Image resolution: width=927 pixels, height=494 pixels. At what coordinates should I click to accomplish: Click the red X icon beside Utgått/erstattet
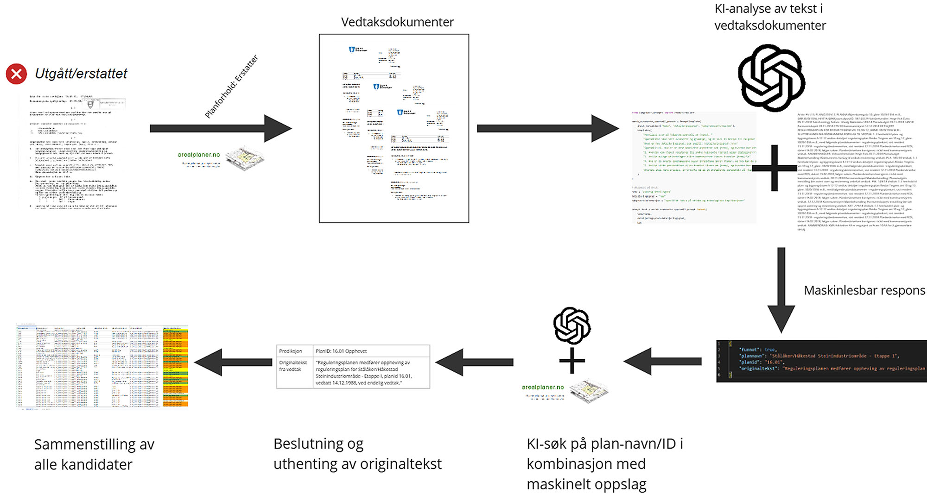click(16, 74)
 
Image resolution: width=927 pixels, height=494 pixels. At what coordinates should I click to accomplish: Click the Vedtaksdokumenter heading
click(397, 22)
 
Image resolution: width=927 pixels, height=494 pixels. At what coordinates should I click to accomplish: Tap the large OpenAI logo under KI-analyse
click(771, 78)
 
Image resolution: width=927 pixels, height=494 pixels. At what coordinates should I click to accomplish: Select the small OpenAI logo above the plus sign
click(572, 325)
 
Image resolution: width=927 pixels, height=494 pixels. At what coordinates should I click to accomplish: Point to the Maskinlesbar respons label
click(864, 290)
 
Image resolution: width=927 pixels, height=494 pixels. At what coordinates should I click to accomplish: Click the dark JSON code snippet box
click(821, 361)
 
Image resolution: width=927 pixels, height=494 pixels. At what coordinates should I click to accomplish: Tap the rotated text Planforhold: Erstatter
click(231, 87)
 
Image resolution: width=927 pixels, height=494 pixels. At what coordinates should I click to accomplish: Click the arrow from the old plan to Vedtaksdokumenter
click(221, 128)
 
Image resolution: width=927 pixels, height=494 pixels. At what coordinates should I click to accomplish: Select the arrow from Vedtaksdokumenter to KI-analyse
click(548, 128)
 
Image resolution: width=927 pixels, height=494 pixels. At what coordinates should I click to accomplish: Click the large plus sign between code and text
click(774, 168)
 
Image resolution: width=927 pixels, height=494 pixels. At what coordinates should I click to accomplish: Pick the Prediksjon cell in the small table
click(291, 351)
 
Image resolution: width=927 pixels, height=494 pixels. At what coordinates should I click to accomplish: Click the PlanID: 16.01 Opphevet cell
click(341, 351)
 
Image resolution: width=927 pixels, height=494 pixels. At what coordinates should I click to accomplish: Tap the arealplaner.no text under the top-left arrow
click(199, 155)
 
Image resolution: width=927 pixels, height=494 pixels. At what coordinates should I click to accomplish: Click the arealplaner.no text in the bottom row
click(543, 387)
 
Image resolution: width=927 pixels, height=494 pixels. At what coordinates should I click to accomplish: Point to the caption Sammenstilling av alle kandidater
click(94, 454)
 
